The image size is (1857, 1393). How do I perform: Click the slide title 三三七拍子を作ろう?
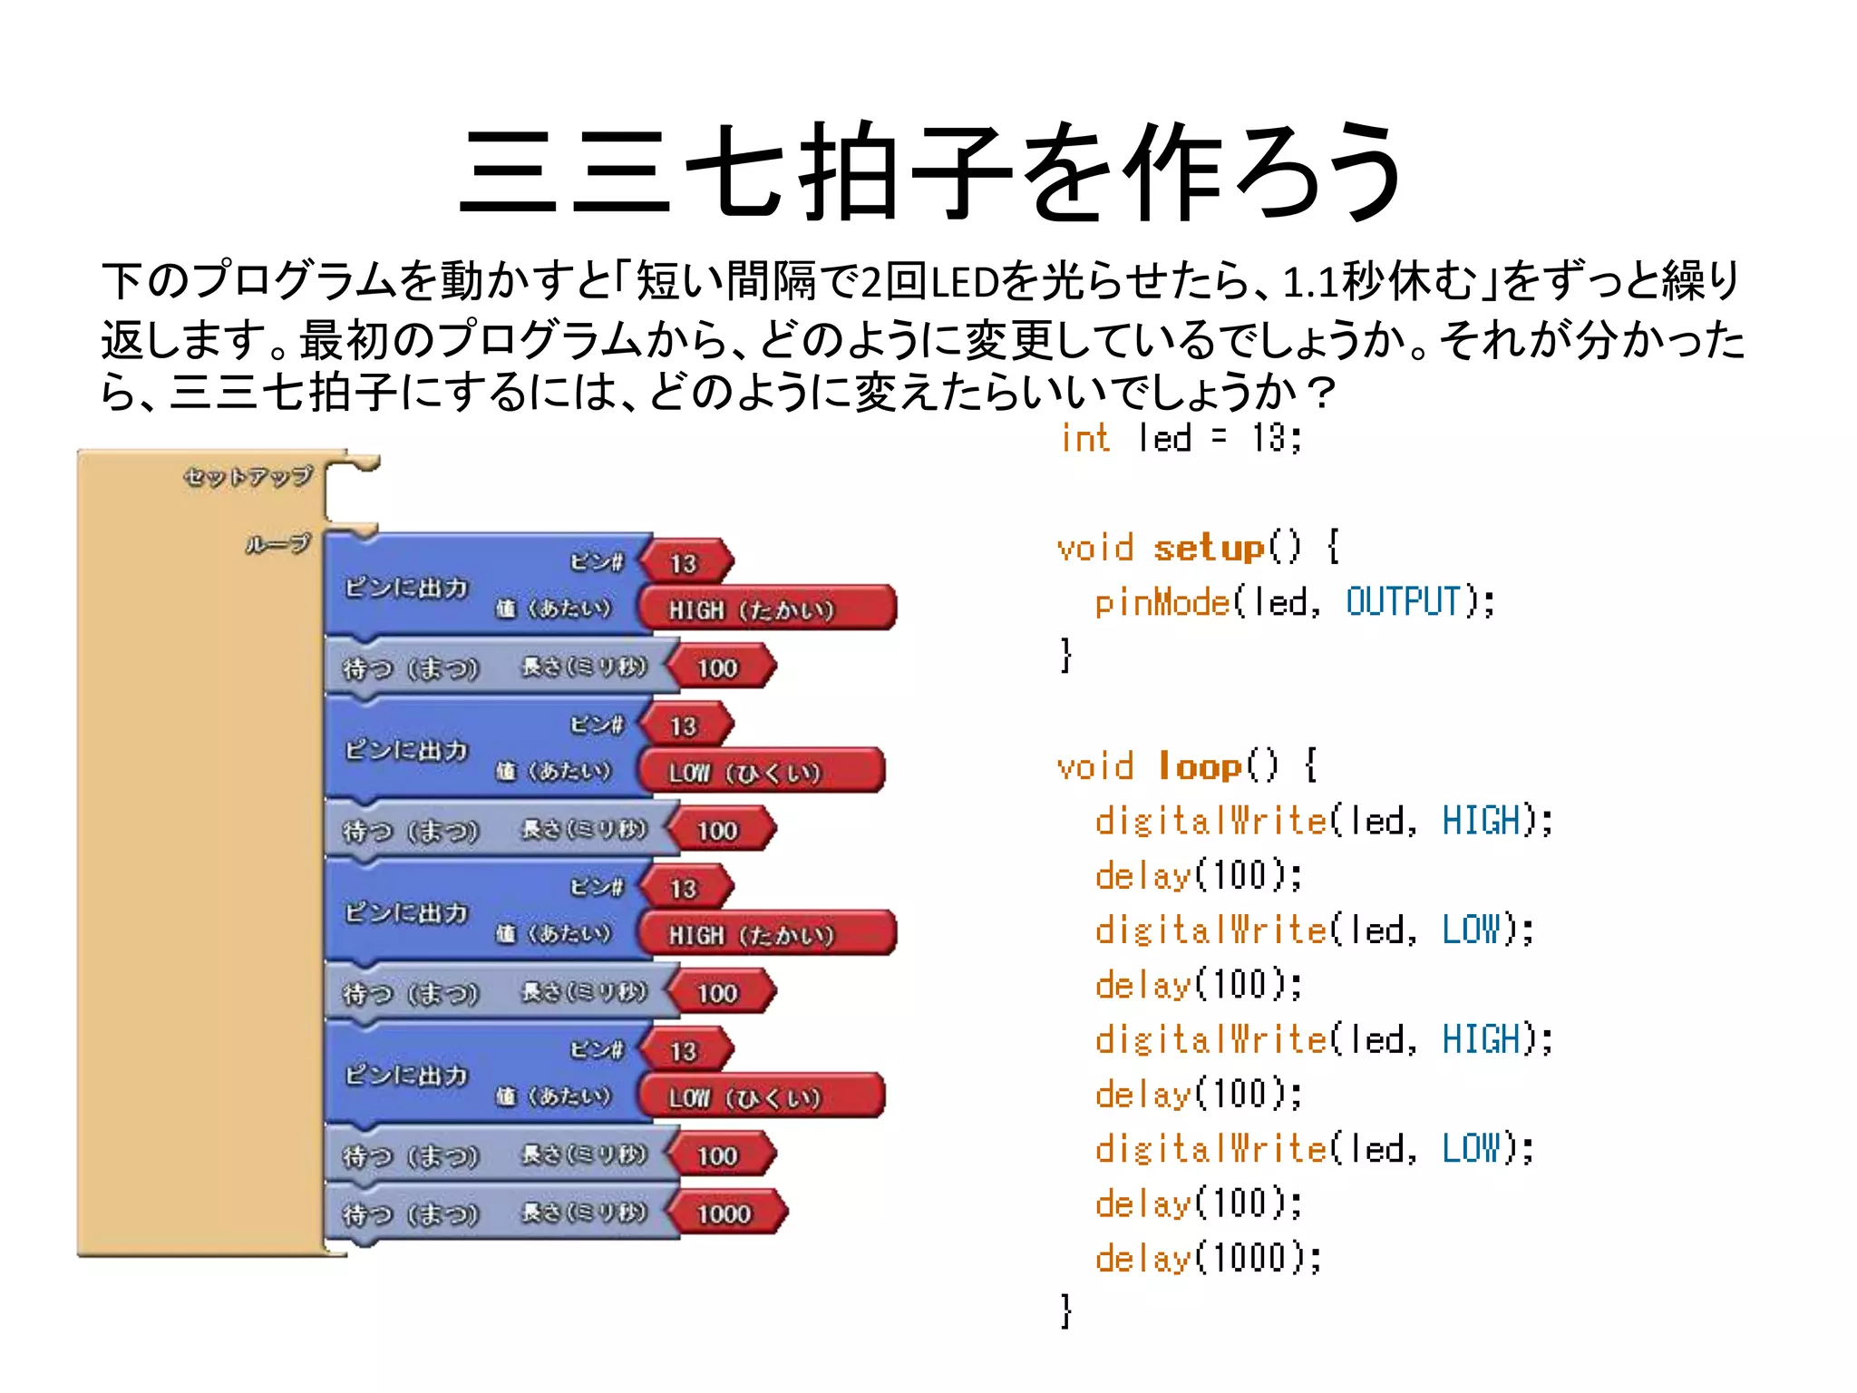click(932, 172)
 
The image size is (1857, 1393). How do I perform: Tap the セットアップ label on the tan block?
click(248, 476)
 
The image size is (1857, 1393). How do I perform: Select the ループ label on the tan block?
click(277, 544)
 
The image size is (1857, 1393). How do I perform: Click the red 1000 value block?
click(724, 1213)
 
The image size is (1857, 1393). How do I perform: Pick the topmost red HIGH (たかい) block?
click(766, 609)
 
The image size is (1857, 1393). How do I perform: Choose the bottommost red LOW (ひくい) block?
click(760, 1097)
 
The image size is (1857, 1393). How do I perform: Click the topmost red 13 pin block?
click(685, 563)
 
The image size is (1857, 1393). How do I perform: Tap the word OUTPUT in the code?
click(1403, 602)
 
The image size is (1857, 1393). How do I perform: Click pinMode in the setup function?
click(1162, 602)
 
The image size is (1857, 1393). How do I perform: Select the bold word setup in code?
click(1209, 548)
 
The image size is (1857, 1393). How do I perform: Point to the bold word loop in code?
click(1200, 766)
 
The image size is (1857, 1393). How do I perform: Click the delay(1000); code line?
click(1208, 1258)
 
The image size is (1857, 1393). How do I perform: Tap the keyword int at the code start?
click(1084, 438)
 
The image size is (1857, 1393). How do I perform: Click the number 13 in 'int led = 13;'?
click(1270, 438)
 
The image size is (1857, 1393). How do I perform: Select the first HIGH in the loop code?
click(1481, 821)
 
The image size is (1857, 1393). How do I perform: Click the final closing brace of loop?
click(1066, 1311)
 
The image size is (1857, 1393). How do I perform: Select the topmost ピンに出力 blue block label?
click(406, 588)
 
